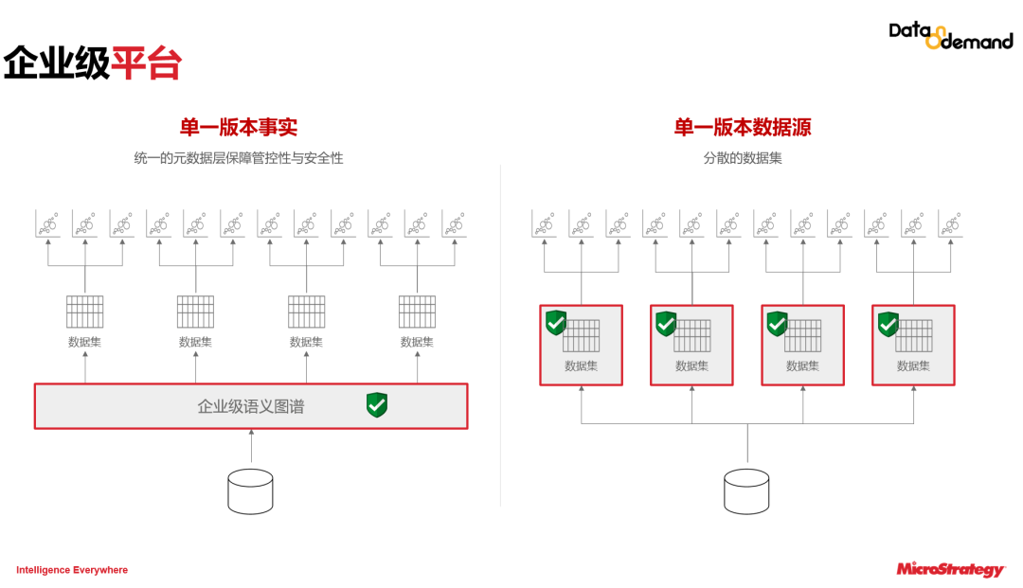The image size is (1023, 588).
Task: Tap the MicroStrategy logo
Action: click(x=950, y=569)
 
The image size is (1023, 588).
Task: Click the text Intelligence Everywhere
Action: click(x=72, y=570)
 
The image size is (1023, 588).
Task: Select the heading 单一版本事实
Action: click(x=239, y=127)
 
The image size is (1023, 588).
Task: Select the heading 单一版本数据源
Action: click(x=743, y=127)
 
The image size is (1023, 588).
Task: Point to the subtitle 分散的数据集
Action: click(x=743, y=158)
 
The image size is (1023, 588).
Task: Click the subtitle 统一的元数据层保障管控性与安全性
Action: click(x=239, y=158)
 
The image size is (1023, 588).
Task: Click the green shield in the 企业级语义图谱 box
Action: click(x=377, y=405)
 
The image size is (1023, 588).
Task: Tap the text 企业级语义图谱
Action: click(x=251, y=406)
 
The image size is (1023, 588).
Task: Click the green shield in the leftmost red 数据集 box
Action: click(x=555, y=323)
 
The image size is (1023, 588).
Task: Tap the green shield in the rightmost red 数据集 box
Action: click(x=888, y=324)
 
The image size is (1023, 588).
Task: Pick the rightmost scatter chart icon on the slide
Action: click(x=950, y=223)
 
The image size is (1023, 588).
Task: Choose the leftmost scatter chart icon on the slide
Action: click(x=48, y=223)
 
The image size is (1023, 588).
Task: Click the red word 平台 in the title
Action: click(x=147, y=63)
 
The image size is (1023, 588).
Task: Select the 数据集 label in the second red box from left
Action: click(x=691, y=365)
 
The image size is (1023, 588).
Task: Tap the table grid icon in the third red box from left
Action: click(x=803, y=335)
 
